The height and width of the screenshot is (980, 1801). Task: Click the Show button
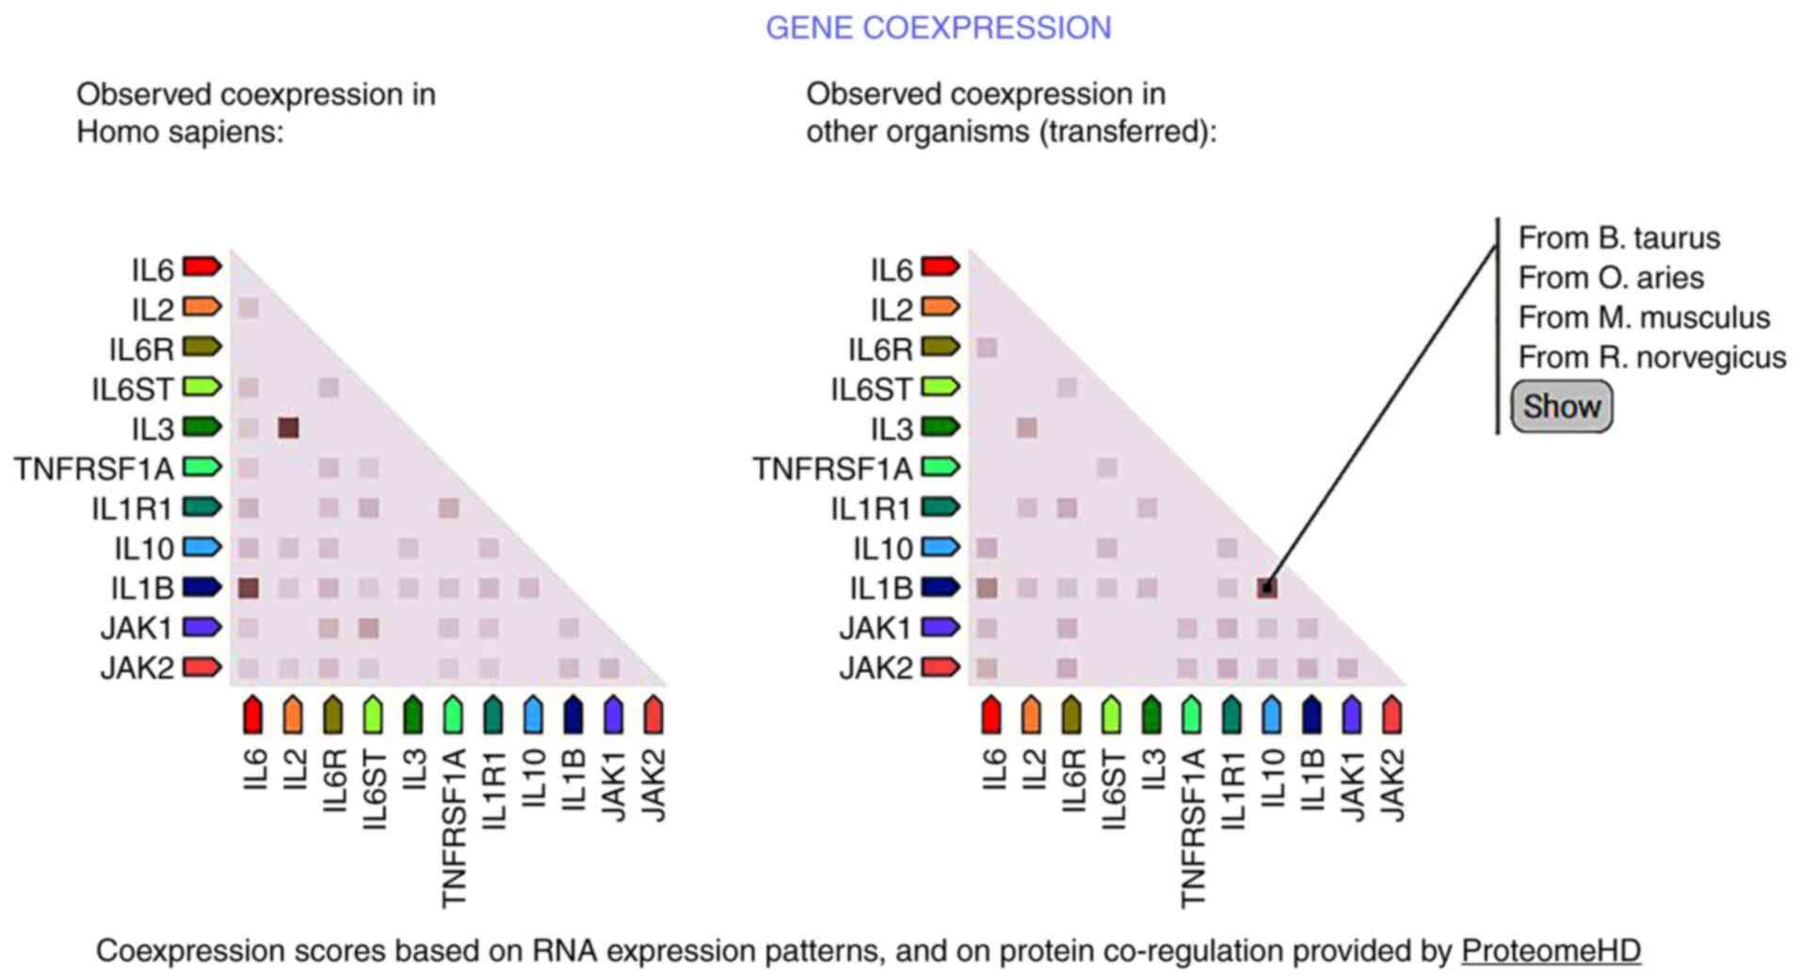1561,407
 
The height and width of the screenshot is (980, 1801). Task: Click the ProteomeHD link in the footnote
1551,951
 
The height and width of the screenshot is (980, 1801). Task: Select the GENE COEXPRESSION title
938,27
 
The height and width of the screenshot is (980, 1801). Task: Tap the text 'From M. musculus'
1644,317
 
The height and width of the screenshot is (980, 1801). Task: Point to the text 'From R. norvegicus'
1651,357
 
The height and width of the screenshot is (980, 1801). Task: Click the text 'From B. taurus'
1618,237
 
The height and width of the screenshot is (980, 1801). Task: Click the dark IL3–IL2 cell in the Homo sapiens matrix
288,428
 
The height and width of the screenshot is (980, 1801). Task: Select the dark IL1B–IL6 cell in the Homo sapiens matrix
249,588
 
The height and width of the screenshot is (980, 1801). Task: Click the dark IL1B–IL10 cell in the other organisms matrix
1267,588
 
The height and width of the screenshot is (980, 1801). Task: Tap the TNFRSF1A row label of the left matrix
93,468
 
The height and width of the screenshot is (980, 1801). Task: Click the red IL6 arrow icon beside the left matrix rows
201,267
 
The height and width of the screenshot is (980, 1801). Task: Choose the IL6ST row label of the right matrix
871,388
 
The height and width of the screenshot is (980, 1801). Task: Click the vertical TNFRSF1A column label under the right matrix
1191,828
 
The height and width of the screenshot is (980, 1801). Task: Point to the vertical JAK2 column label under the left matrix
652,785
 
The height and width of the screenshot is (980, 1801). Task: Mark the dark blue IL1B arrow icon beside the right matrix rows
941,587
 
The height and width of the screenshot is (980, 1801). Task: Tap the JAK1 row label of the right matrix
876,628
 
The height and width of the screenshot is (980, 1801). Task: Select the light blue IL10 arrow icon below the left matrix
533,715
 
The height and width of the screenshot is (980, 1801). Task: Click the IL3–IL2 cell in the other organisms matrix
1027,428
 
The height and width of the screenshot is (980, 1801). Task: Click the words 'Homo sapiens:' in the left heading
180,131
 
